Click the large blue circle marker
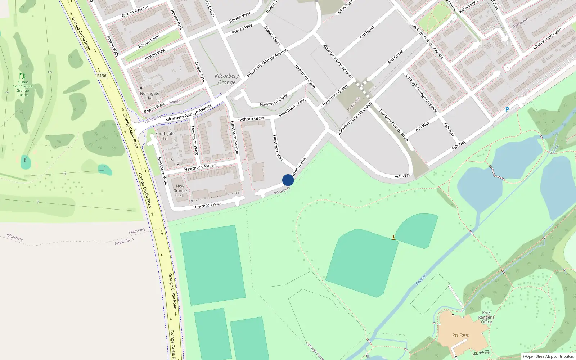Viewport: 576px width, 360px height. [288, 180]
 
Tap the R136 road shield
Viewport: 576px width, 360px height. [102, 76]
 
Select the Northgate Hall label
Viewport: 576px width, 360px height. [150, 96]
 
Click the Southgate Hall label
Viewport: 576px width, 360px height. [165, 136]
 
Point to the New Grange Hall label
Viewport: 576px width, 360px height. [180, 191]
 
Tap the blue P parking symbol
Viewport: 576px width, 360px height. [507, 109]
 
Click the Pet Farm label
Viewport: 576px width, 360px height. [461, 335]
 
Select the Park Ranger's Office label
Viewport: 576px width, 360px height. [486, 317]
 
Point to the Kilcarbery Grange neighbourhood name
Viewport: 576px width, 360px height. [227, 79]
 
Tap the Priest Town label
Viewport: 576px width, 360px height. [124, 242]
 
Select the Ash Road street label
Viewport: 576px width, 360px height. [367, 32]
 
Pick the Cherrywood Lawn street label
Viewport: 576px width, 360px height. [547, 39]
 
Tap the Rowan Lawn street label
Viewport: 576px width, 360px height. [149, 42]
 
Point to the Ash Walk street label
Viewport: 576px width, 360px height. [403, 176]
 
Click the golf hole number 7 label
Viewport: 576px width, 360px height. [38, 202]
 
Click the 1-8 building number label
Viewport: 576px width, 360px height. [170, 160]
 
